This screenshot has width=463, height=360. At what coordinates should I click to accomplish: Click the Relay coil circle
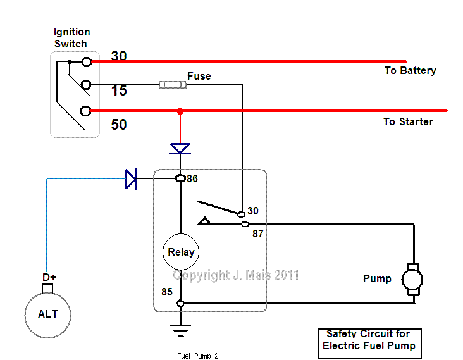181,252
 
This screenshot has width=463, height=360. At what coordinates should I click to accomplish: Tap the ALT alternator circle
47,314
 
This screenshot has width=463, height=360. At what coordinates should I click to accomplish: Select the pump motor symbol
412,279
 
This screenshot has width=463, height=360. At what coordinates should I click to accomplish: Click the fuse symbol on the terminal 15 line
172,84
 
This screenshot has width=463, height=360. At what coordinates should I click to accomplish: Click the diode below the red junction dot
180,149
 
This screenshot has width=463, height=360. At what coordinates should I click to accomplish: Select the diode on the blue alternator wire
131,179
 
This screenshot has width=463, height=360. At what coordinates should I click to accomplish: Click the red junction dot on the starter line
180,111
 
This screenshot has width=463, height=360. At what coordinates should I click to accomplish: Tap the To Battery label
410,70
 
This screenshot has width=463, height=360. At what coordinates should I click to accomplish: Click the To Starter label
408,121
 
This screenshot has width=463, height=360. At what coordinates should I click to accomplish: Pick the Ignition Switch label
71,37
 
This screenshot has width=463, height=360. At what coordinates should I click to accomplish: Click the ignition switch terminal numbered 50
87,111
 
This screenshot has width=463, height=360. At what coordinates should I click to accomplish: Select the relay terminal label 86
192,179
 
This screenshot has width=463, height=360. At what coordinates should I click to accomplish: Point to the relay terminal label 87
258,233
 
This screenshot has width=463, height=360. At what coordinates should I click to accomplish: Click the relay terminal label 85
166,293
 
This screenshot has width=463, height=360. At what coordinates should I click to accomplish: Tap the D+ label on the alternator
49,277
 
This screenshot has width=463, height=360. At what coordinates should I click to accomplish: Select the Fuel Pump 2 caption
197,356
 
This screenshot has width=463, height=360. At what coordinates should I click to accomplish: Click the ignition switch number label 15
119,91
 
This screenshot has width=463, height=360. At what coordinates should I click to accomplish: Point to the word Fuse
199,76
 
